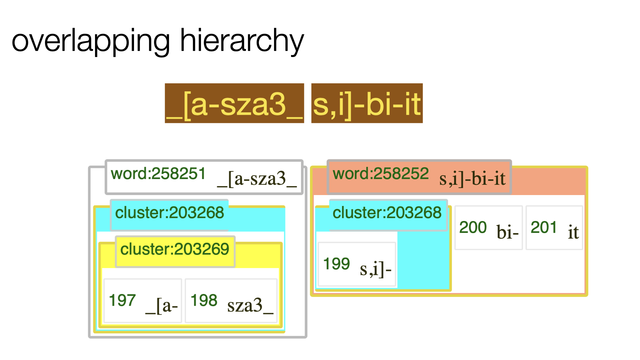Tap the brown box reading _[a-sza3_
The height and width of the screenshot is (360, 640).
click(x=234, y=103)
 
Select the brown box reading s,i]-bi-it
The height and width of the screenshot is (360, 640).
click(x=367, y=103)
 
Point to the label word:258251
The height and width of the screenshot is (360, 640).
click(x=158, y=174)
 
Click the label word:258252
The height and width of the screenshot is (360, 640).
click(x=381, y=174)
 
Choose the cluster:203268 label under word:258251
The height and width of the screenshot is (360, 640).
click(x=170, y=213)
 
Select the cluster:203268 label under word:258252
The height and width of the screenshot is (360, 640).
click(x=387, y=213)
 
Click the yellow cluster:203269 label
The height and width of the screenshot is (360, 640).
click(x=175, y=249)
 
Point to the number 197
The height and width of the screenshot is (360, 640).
click(x=122, y=300)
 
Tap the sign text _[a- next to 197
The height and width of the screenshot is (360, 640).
click(x=162, y=305)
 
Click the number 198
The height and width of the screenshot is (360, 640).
click(x=204, y=300)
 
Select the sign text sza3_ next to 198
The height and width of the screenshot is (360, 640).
click(x=250, y=305)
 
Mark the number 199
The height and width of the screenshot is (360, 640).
click(x=337, y=264)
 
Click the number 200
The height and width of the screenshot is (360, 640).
click(x=473, y=227)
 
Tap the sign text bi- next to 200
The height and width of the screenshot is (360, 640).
click(x=507, y=232)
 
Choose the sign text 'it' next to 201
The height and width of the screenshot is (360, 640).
click(x=573, y=232)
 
